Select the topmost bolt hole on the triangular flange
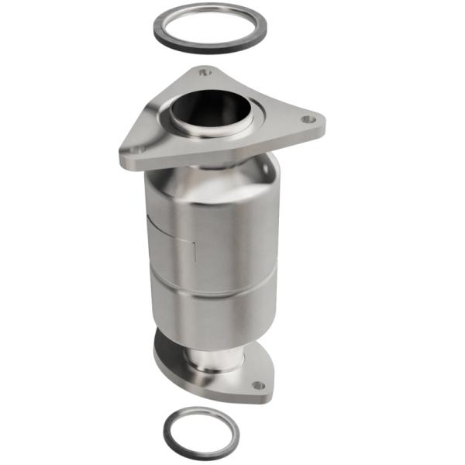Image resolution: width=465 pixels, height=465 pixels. tap(204, 72)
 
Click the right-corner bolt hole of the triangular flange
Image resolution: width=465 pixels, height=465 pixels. tap(308, 119)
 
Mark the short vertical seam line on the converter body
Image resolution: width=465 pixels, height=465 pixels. tap(192, 252)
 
